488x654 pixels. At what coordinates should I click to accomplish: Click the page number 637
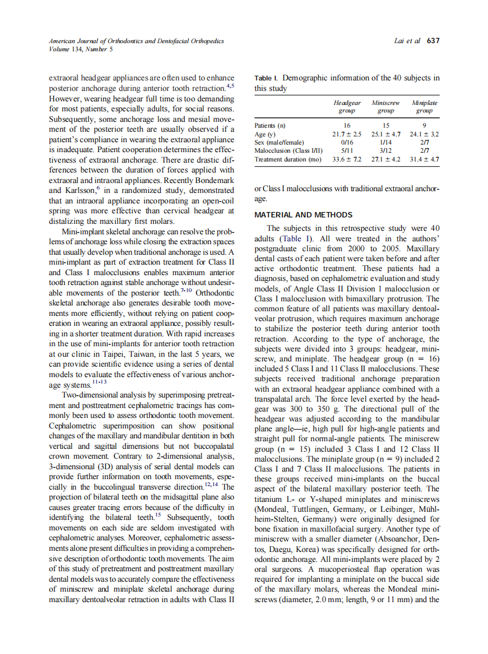tap(433, 41)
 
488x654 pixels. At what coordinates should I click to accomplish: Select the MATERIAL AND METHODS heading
tap(303, 215)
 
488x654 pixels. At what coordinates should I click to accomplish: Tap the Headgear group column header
tap(346, 106)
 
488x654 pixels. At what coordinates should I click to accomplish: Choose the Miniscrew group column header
tap(385, 106)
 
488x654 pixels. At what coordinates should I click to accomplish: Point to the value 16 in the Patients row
tap(346, 125)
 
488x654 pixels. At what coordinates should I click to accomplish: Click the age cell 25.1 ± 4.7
tap(385, 134)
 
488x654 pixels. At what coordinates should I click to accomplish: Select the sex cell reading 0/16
tap(346, 142)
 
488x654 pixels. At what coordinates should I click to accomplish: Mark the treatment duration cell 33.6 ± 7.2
tap(346, 159)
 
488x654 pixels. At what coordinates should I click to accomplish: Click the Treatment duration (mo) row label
tap(288, 159)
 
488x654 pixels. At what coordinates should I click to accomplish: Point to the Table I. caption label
tap(267, 78)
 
